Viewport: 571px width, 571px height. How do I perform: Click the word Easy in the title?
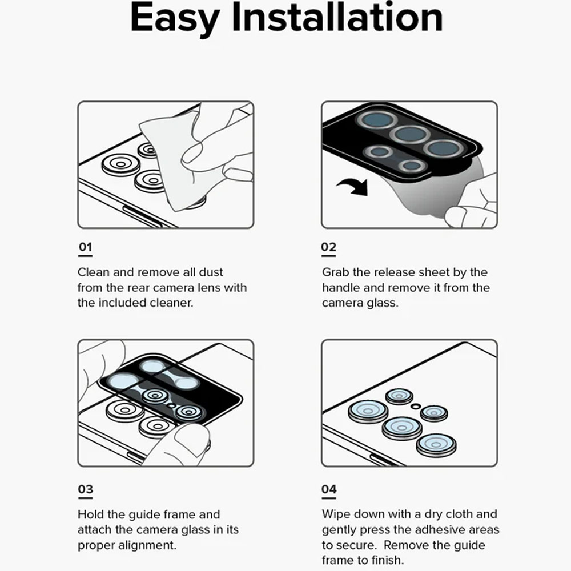click(174, 18)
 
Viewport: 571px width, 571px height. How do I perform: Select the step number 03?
click(86, 489)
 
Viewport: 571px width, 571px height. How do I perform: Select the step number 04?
click(329, 489)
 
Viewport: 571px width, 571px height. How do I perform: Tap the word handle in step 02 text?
click(340, 288)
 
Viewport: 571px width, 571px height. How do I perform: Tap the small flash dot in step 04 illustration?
click(416, 407)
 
